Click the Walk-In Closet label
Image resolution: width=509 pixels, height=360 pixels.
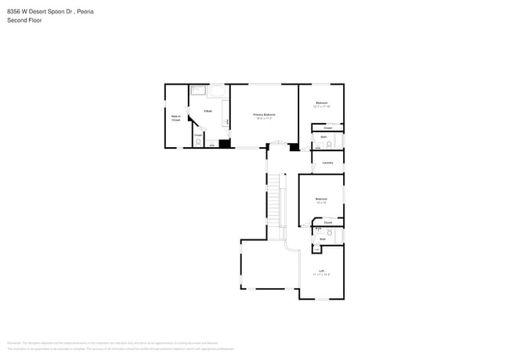click(x=175, y=118)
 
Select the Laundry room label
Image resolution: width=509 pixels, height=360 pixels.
click(x=327, y=163)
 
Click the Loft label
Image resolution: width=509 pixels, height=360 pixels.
click(x=321, y=272)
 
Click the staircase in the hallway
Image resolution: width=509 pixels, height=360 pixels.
click(x=274, y=202)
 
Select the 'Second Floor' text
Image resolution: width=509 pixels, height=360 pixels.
click(x=24, y=20)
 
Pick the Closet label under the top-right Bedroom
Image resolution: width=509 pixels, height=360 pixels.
click(x=327, y=127)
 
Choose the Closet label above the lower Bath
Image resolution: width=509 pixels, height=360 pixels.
click(x=327, y=223)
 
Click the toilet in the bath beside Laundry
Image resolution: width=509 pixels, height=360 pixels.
click(x=330, y=144)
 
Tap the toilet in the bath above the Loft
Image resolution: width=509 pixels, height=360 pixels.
click(x=330, y=232)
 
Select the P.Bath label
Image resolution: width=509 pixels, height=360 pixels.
click(x=208, y=111)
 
